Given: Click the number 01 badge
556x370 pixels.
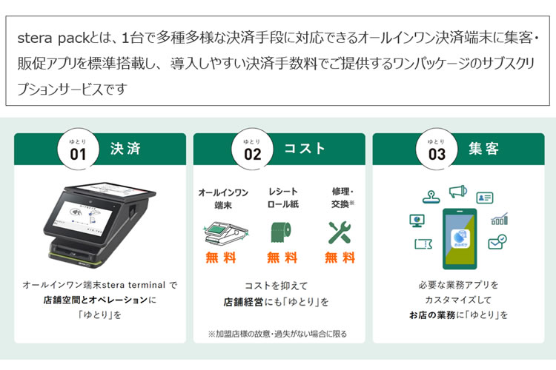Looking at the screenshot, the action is tap(78, 149).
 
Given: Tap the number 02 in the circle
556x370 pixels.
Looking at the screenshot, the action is tap(252, 149).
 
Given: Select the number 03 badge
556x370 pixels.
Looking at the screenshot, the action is tap(437, 149).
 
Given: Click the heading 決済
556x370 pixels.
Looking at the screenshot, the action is tap(125, 148).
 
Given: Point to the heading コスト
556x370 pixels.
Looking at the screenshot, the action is tap(305, 148).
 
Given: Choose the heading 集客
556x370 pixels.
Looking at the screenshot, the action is tap(483, 148).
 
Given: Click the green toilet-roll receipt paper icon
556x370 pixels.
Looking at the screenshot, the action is tap(281, 232).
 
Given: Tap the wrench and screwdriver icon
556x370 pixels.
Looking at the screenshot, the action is tap(340, 232).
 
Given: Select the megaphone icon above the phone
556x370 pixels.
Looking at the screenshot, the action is tap(458, 192).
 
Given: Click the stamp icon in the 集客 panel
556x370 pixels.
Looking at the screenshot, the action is tap(431, 197).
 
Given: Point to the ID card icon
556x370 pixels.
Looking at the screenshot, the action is tap(485, 198).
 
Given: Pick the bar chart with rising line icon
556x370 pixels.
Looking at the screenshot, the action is tap(500, 219).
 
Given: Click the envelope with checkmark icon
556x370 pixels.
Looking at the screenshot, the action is tap(497, 242).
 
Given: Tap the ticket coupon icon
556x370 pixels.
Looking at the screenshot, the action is tap(423, 244).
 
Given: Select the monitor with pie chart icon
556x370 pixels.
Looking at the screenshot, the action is tap(417, 221).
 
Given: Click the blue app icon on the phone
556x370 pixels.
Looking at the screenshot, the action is tap(460, 238).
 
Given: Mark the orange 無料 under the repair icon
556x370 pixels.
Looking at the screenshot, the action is tap(340, 258).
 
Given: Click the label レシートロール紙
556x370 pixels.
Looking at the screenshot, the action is tap(282, 198).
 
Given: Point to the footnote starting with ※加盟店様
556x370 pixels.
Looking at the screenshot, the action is tap(277, 334).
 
